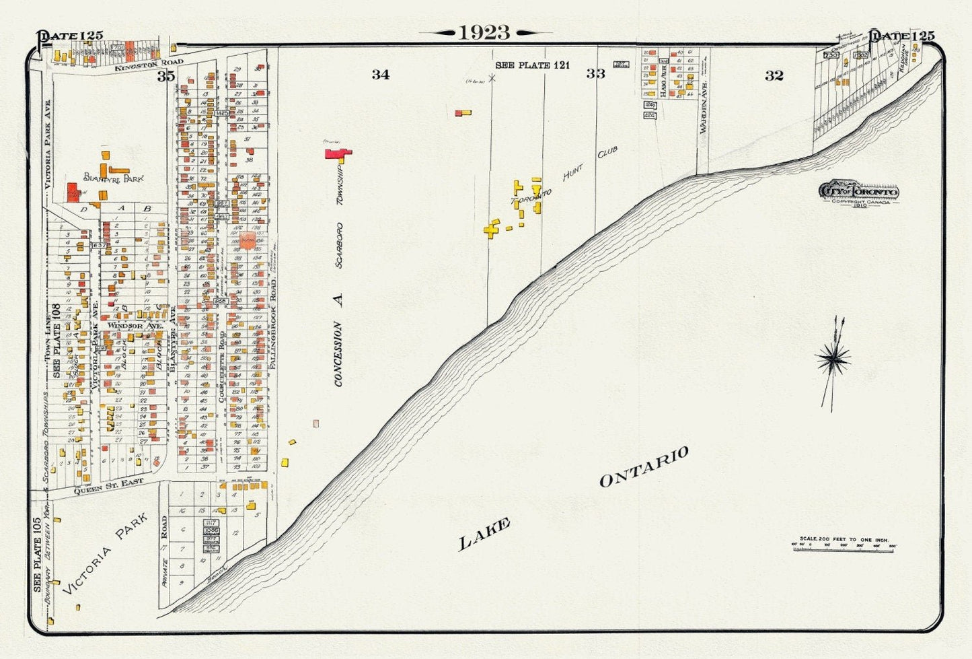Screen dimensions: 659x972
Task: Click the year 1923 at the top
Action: tap(484, 32)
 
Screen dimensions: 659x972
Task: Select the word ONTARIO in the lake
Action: tap(644, 466)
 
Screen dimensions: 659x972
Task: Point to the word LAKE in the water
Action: tap(484, 534)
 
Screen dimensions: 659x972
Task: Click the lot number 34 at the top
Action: tap(380, 75)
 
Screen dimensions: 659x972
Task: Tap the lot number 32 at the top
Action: tap(774, 75)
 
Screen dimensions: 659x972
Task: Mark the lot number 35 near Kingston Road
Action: tap(166, 77)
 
